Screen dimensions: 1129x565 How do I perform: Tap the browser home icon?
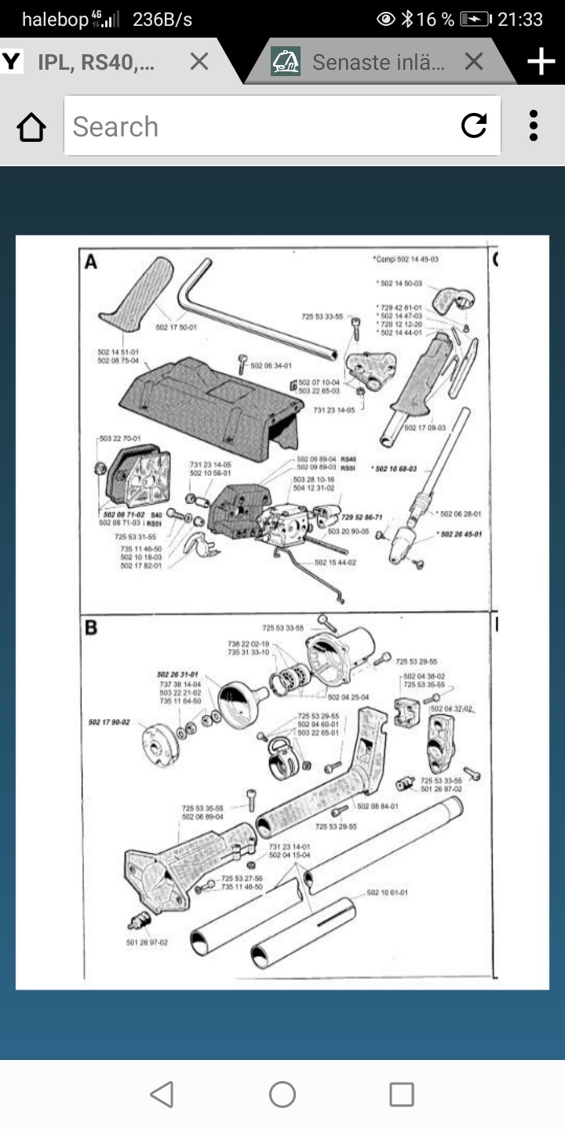click(31, 127)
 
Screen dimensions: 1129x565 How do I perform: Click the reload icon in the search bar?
click(474, 125)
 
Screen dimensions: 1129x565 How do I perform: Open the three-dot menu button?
click(534, 125)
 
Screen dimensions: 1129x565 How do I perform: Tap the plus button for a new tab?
click(541, 61)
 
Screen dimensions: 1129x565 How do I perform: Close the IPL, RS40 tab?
click(199, 61)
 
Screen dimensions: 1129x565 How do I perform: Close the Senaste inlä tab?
click(473, 61)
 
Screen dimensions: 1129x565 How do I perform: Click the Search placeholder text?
click(115, 127)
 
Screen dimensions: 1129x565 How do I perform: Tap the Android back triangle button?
click(162, 1095)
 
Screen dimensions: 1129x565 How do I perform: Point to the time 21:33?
click(520, 20)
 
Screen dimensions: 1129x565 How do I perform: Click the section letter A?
click(91, 262)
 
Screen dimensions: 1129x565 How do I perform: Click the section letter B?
click(91, 628)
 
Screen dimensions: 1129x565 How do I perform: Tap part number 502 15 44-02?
click(335, 562)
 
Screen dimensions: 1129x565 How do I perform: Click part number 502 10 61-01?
click(387, 893)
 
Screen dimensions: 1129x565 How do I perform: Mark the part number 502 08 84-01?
click(377, 806)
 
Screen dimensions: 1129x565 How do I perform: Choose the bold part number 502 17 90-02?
click(109, 721)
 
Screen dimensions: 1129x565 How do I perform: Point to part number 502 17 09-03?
click(425, 427)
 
